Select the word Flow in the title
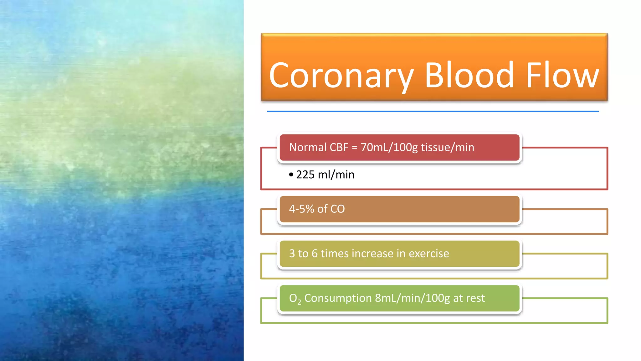[x=562, y=75]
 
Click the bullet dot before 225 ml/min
[x=291, y=175]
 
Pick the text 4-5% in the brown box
[x=301, y=209]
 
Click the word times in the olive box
[x=334, y=254]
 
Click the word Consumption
[x=338, y=298]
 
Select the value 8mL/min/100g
[x=412, y=298]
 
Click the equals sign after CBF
[x=354, y=148]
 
